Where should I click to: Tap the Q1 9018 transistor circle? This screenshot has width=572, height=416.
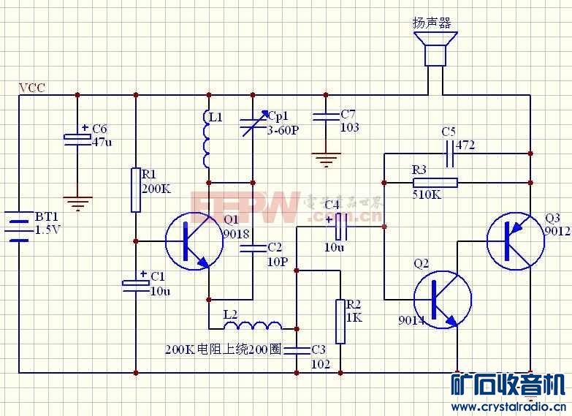click(x=194, y=241)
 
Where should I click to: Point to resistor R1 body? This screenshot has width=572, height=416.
click(x=136, y=189)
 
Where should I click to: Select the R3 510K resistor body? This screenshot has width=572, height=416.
click(x=435, y=182)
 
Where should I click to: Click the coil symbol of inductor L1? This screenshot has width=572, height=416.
click(x=208, y=138)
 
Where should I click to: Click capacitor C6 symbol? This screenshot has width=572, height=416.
click(x=77, y=137)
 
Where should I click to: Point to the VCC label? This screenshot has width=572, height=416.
click(x=31, y=88)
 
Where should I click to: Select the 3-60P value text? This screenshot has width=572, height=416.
click(x=283, y=130)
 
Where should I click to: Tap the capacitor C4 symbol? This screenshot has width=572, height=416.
click(x=340, y=227)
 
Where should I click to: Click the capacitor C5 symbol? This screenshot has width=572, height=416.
click(x=448, y=154)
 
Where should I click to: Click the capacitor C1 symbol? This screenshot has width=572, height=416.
click(x=136, y=284)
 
